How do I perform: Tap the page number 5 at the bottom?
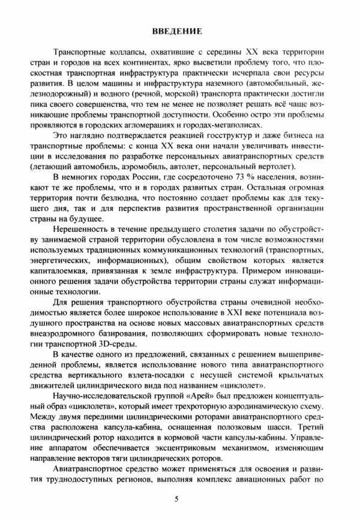coord(177,498)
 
